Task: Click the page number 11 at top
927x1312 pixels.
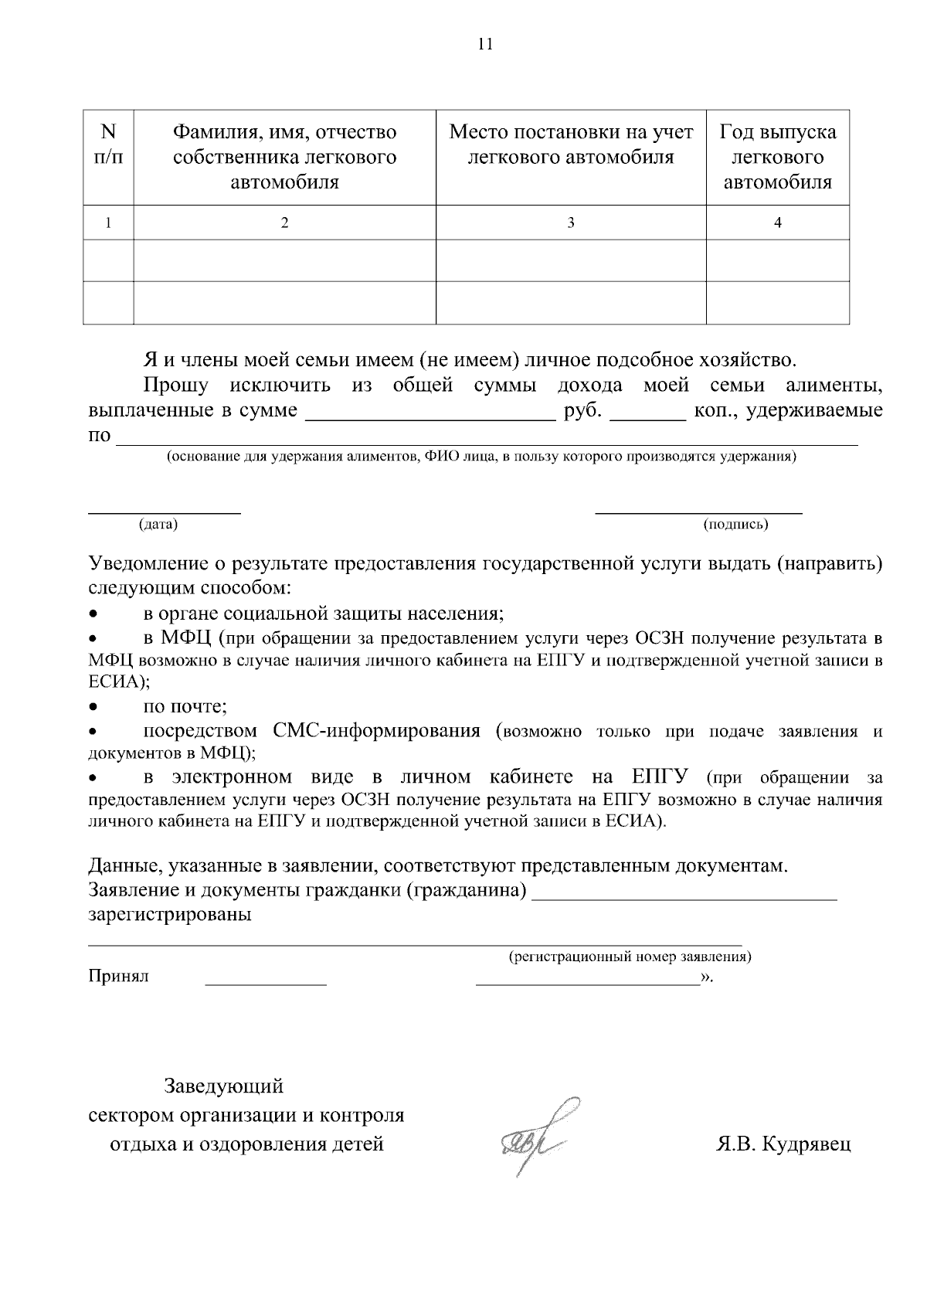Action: pos(485,44)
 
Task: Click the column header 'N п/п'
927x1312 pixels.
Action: pos(108,144)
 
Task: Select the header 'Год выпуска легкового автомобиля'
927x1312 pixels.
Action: pos(777,157)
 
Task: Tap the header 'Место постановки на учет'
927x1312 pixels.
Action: pos(571,132)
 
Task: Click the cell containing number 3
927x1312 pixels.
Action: pos(571,223)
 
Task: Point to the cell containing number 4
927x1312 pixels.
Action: pos(778,223)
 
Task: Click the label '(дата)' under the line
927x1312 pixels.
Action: pos(158,525)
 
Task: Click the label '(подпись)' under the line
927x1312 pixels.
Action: pos(735,525)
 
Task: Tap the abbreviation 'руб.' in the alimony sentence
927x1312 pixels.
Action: pos(583,410)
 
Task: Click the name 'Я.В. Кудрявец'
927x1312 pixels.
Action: pos(783,1144)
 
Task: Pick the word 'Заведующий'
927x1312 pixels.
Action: pos(223,1086)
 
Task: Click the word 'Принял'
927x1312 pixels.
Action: pos(118,976)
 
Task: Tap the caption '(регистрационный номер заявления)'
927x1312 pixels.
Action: pos(630,957)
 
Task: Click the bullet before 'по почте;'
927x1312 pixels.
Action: pos(93,706)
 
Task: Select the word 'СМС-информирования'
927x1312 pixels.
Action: pos(376,731)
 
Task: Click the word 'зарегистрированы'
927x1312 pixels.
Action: pos(170,915)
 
